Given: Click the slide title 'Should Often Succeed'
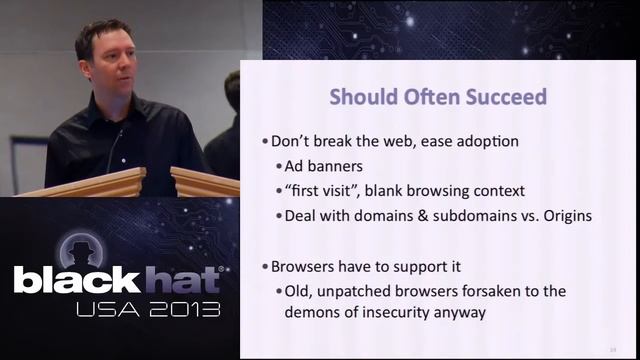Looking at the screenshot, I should [x=438, y=97].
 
